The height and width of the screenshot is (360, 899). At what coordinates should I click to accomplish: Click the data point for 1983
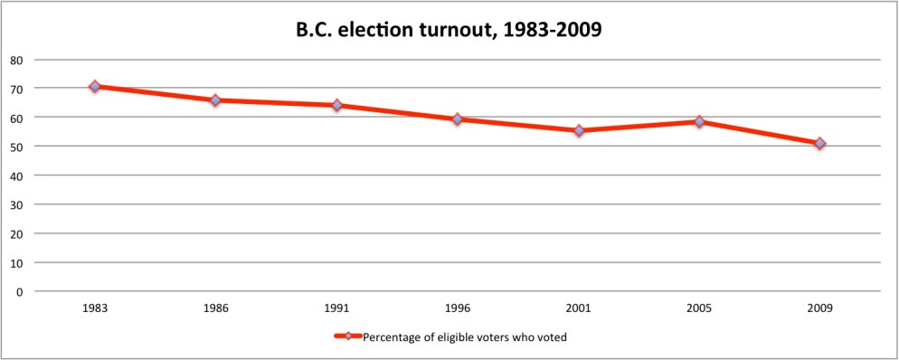pos(95,86)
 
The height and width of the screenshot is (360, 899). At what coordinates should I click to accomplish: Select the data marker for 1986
pos(216,100)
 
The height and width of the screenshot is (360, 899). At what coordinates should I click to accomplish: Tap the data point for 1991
pos(336,105)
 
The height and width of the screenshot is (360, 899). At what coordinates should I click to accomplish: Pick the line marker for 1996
pos(458,119)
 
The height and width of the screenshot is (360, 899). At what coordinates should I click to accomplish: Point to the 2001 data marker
pos(579,131)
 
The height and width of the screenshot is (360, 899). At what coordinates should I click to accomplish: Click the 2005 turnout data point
pos(699,121)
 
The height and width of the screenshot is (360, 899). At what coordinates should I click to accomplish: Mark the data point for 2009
pos(819,143)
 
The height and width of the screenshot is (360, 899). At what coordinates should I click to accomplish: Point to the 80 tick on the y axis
pos(15,60)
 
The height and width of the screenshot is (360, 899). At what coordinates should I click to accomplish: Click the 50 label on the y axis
pos(15,147)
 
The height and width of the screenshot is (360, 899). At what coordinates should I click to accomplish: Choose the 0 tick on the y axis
pos(18,291)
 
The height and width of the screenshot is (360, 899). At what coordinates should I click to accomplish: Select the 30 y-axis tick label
pos(15,204)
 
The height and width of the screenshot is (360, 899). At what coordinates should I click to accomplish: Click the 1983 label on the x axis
pos(95,308)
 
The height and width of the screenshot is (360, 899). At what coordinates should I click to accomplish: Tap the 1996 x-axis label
pos(458,308)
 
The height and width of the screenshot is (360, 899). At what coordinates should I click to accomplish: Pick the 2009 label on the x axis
pos(819,308)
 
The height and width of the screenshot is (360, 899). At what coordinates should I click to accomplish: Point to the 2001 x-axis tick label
pos(579,308)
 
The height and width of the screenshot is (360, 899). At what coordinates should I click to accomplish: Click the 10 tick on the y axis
pos(15,262)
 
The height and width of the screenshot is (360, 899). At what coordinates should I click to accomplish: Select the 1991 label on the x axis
pos(336,308)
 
